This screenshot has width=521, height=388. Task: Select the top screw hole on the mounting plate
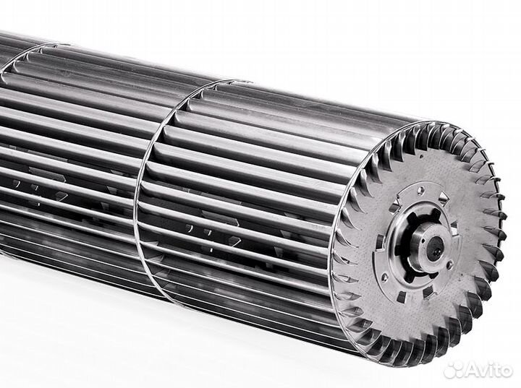(x=420, y=190)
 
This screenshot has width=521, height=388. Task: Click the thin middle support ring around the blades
(x=148, y=181)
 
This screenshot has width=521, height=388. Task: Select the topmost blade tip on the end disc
(x=434, y=123)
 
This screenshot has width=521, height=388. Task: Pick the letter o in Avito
(x=506, y=370)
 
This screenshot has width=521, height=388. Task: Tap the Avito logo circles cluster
(x=453, y=368)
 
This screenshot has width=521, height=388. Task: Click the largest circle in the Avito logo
(x=456, y=372)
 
